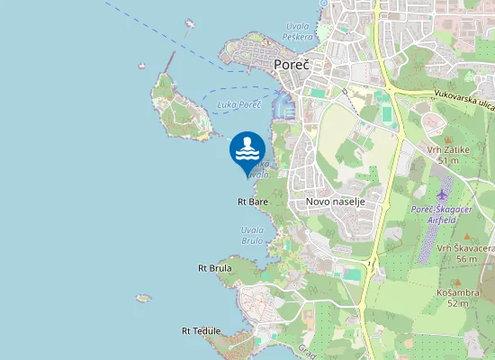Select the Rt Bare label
(253, 202)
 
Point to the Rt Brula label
(215, 268)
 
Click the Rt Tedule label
(201, 330)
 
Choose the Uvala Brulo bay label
(252, 236)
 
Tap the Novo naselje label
(335, 202)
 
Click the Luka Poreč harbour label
(239, 105)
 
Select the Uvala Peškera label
(297, 31)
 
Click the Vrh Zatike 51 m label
(447, 155)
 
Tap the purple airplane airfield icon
(442, 194)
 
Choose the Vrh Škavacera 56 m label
(465, 253)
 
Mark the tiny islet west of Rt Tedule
(143, 297)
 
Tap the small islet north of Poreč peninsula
(190, 23)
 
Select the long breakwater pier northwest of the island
(169, 61)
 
